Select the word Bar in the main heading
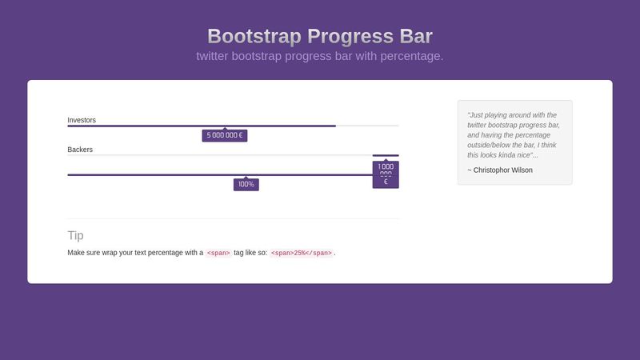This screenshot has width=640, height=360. point(413,37)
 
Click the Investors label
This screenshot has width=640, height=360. point(82,120)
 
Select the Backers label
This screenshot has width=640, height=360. point(81,150)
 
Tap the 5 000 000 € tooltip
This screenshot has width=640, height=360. point(225,135)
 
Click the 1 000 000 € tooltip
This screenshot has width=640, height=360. point(386,174)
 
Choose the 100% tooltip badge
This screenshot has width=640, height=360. point(246,184)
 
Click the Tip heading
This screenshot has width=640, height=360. point(75,235)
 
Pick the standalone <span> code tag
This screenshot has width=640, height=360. point(218,253)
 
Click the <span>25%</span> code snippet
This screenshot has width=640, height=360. point(301,253)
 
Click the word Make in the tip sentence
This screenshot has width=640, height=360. point(76,253)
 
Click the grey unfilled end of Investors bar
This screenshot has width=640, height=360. point(367,126)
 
